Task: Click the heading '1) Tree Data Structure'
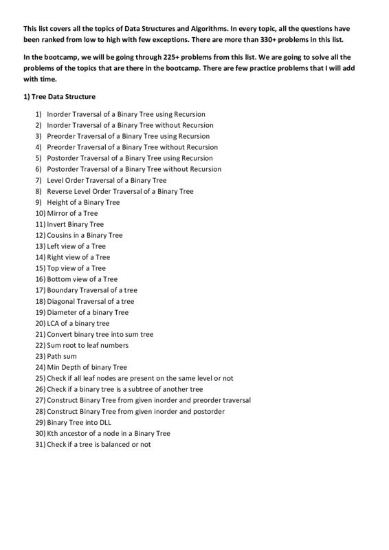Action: [59, 97]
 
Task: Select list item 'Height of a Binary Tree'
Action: [82, 202]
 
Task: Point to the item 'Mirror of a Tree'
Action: [72, 213]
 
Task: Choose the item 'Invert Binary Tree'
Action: [75, 224]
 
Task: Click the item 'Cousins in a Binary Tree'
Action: [85, 235]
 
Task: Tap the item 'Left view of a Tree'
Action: [76, 246]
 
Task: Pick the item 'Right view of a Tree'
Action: [78, 257]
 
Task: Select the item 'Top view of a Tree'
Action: [76, 268]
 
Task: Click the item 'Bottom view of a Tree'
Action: [82, 279]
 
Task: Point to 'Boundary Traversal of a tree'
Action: [92, 290]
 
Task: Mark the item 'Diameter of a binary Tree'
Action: [87, 312]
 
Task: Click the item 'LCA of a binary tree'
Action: [78, 323]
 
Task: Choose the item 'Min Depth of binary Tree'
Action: [87, 367]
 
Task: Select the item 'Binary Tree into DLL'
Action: [78, 422]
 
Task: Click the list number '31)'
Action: [40, 444]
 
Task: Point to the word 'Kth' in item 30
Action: [53, 433]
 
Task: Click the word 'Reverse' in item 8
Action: [59, 191]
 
